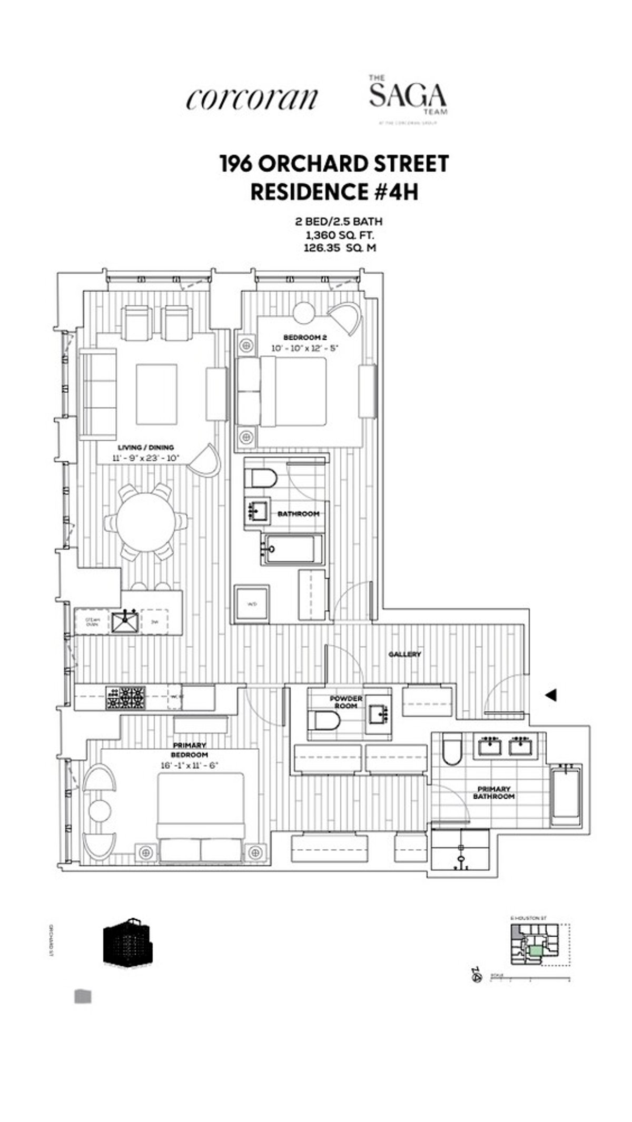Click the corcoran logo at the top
(x=252, y=98)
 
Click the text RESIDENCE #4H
(x=334, y=192)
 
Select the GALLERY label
(x=404, y=654)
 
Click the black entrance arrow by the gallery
(x=551, y=696)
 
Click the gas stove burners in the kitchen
(x=126, y=698)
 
